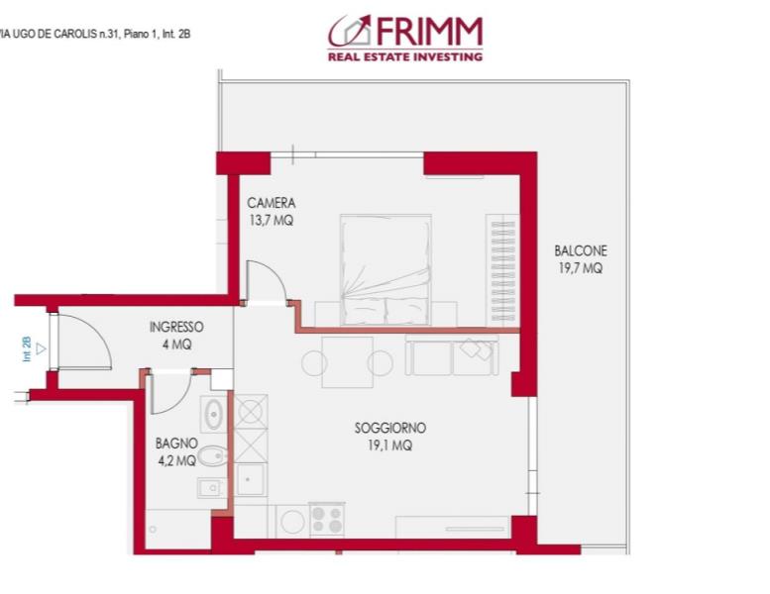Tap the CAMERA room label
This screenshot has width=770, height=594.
[272, 203]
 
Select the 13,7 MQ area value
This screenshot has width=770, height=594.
[272, 220]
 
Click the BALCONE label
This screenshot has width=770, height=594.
[581, 250]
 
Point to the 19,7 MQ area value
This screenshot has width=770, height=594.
[581, 268]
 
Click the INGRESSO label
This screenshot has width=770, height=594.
[176, 327]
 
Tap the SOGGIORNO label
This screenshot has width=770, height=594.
[390, 428]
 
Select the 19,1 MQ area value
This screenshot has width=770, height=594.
[390, 445]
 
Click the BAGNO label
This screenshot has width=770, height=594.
[176, 443]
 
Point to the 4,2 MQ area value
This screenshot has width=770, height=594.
[176, 460]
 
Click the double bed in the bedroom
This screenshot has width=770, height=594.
[385, 269]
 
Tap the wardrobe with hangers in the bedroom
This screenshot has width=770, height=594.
[502, 270]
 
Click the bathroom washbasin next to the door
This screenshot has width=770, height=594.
[214, 415]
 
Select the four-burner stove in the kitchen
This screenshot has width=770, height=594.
[327, 520]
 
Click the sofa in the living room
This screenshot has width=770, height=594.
[452, 355]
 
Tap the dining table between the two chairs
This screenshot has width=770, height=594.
[348, 362]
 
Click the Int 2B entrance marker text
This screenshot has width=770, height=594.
[27, 348]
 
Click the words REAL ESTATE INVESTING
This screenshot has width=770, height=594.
[405, 56]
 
